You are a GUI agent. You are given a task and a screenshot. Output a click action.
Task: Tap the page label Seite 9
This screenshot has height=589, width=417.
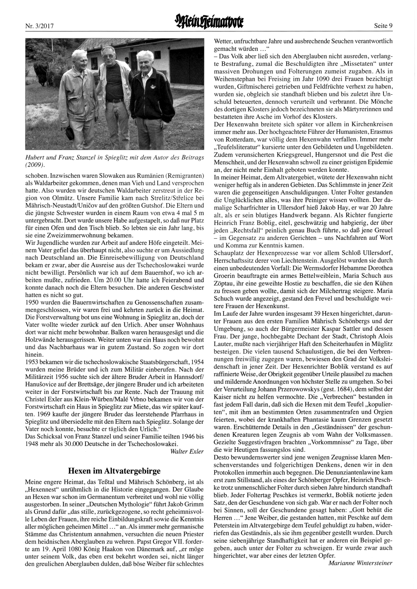click(x=383, y=26)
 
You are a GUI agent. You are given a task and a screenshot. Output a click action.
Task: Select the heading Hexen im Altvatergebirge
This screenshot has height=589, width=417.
click(x=114, y=471)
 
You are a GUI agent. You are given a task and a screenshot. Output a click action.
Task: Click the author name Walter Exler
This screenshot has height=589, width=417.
click(x=187, y=451)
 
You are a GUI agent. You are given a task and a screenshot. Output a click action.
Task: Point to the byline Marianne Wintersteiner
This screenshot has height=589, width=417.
click(x=360, y=563)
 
